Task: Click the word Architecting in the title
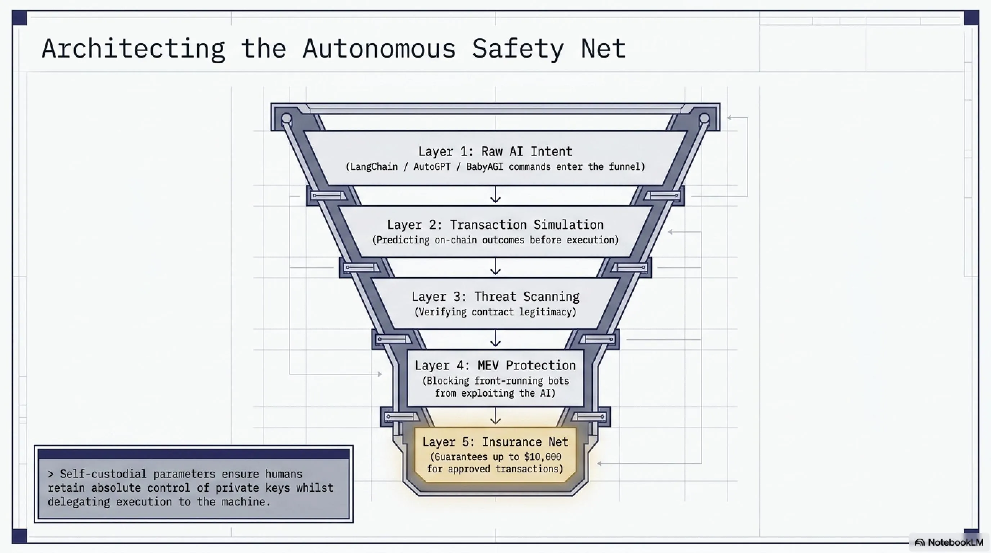pos(133,49)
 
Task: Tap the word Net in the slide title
pos(603,49)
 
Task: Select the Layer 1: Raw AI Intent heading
pos(495,152)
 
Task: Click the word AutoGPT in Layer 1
pos(432,167)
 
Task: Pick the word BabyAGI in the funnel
pos(484,167)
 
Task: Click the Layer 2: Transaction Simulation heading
pos(495,225)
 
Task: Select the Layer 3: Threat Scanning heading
pos(495,297)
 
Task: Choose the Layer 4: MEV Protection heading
pos(495,365)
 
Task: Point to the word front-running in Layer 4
pos(506,381)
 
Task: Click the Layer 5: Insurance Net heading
pos(495,442)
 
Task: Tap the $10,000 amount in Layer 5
pos(542,457)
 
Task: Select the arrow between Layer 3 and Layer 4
pos(495,338)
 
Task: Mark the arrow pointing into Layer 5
pos(495,416)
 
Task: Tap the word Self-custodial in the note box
pos(103,474)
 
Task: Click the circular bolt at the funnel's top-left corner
pos(286,118)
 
